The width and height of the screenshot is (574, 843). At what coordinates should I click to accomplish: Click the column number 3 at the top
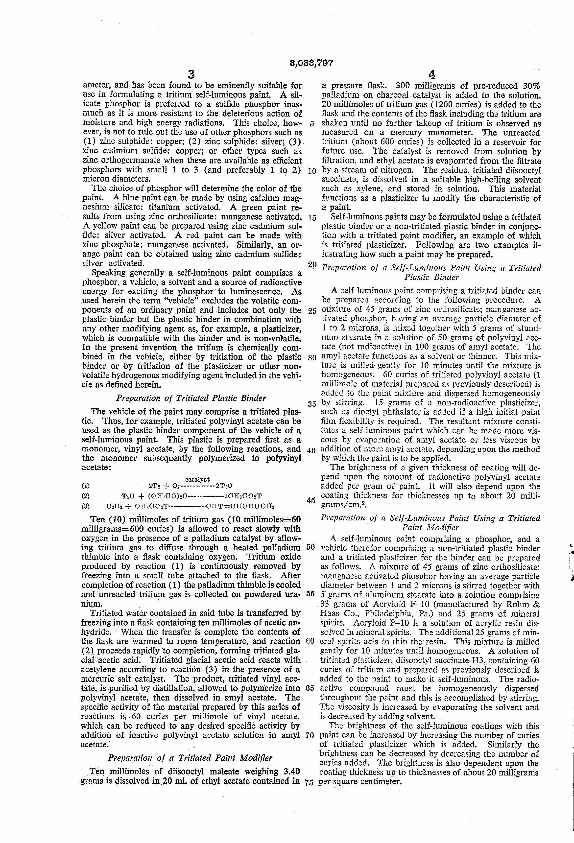(191, 75)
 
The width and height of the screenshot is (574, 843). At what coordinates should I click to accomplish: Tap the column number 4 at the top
(431, 75)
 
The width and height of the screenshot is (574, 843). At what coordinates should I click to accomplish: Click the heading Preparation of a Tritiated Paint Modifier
(190, 758)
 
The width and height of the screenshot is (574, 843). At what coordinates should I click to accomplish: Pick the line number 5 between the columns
(312, 123)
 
